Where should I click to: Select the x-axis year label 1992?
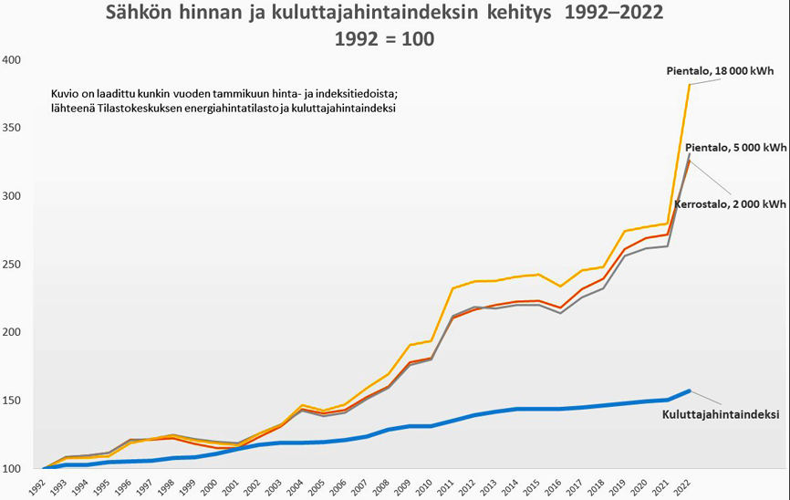click(36, 484)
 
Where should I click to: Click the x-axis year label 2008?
click(383, 484)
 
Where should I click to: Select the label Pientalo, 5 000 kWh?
click(735, 148)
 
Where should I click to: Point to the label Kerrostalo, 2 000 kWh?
click(730, 204)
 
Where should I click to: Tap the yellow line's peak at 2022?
click(690, 85)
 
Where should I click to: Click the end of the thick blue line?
click(689, 391)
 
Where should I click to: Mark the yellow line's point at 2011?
click(452, 288)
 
